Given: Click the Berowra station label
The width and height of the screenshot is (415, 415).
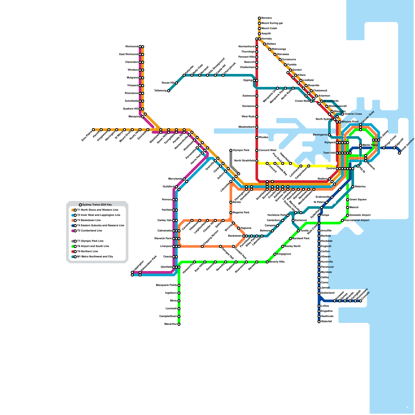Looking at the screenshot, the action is (266, 18).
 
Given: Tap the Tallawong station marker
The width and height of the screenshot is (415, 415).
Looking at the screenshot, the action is (169, 91).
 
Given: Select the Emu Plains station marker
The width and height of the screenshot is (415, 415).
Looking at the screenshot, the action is (93, 130).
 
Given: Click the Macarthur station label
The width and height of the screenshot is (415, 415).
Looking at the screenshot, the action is (171, 324).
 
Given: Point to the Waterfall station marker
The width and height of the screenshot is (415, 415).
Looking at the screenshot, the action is (319, 322).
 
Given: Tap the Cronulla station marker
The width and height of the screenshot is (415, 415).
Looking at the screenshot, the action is (361, 301).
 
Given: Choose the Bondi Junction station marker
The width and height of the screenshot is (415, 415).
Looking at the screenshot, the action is (399, 153).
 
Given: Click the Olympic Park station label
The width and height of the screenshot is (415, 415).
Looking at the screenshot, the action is (241, 150).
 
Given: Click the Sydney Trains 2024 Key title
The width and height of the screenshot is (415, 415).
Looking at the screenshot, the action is (97, 205).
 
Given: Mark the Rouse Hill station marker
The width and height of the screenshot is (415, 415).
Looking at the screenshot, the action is (176, 83).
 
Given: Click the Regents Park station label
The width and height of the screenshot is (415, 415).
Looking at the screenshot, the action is (241, 213).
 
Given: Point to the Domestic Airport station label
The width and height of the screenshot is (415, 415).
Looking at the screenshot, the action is (360, 215).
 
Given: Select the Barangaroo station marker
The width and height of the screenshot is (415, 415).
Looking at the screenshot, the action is (329, 135).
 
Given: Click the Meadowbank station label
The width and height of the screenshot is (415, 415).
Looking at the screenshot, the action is (247, 127).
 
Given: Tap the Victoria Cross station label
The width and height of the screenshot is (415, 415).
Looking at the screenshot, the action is (353, 114).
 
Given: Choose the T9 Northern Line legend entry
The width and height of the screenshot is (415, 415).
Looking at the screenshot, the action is (87, 252).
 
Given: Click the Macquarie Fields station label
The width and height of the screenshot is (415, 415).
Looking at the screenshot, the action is (166, 285).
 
